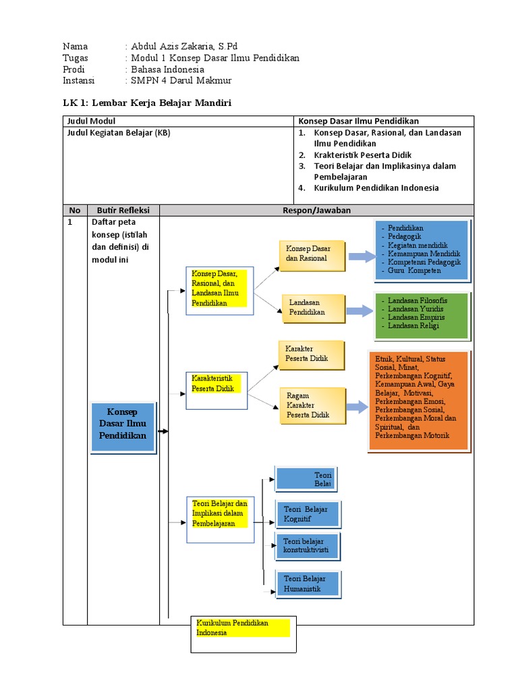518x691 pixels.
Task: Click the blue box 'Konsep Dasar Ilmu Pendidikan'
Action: pos(123,427)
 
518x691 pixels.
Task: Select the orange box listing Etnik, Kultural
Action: pos(420,401)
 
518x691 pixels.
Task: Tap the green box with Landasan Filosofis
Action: pos(422,316)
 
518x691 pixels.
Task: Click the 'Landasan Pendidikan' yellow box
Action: pos(313,308)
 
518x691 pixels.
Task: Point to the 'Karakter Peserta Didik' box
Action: pos(311,355)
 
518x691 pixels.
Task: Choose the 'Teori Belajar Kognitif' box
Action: pos(308,514)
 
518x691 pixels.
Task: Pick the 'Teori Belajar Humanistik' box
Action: pos(308,584)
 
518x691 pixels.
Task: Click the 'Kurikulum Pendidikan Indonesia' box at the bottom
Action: pos(243,634)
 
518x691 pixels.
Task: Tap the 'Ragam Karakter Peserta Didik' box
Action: pos(312,406)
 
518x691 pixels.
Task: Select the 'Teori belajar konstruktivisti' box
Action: pos(308,546)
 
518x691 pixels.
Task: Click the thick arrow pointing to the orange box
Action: pos(357,407)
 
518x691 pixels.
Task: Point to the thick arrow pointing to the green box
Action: pos(359,310)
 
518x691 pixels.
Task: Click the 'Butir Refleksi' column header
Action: pos(123,211)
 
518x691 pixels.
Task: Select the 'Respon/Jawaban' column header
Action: pos(317,211)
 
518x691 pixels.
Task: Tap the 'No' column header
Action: pos(75,211)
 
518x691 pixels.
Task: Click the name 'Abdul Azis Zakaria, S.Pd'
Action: pos(184,47)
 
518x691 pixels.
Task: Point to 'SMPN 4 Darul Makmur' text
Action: pos(181,80)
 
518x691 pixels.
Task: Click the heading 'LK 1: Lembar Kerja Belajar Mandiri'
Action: pos(147,103)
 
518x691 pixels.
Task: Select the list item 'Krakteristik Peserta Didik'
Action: pos(362,155)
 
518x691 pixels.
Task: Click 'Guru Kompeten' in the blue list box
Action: pos(414,271)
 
